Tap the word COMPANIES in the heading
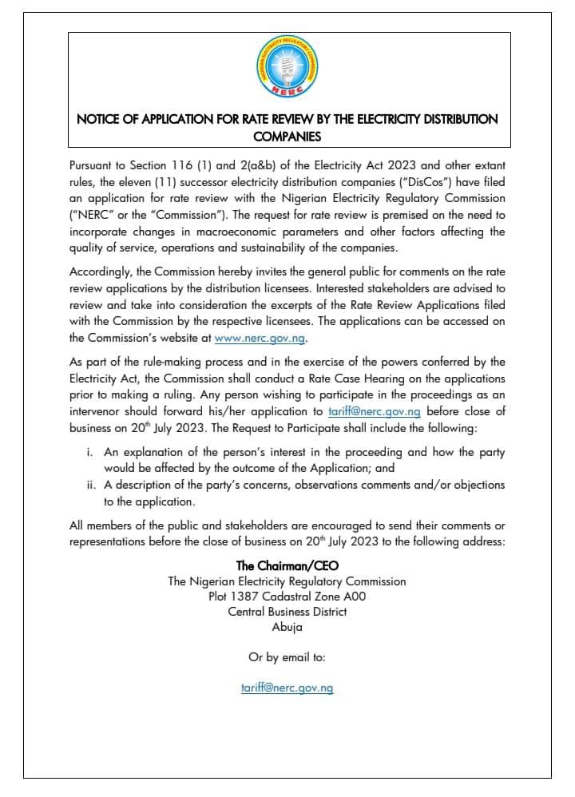click(x=287, y=136)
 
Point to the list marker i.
click(x=89, y=452)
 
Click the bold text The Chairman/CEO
click(x=287, y=565)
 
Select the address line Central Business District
click(x=287, y=612)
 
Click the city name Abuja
click(x=287, y=628)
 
